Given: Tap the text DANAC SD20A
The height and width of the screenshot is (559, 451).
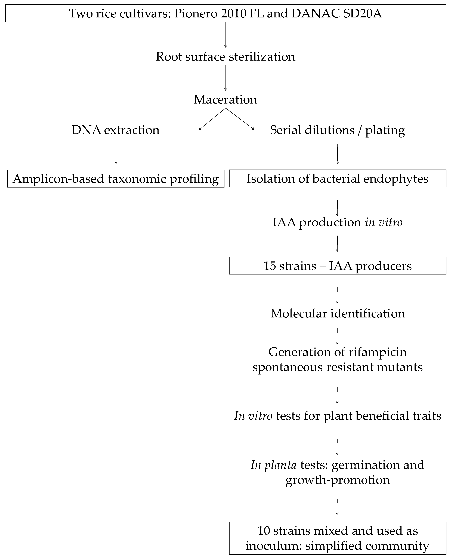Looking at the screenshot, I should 336,14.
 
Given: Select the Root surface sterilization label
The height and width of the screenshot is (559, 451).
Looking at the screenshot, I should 225,57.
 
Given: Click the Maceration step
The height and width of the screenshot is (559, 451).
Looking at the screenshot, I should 225,100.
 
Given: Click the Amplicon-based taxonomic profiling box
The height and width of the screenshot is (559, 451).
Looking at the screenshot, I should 116,179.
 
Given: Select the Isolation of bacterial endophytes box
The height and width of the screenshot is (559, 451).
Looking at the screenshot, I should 337,179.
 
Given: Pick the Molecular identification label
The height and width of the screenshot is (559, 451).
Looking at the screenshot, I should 337,313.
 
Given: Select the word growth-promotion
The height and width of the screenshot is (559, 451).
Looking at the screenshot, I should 337,480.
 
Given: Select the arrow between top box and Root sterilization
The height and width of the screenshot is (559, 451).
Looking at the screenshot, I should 225,35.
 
